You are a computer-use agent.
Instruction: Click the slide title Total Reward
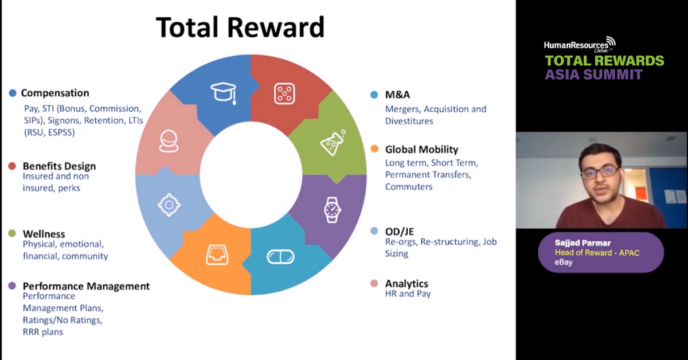coord(240,27)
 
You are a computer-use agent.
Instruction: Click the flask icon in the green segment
coord(333,143)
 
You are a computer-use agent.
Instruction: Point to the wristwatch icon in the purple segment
coord(332,209)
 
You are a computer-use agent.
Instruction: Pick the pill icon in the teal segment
coord(280,257)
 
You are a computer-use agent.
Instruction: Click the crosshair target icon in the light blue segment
coord(169,204)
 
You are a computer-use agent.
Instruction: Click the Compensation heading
coord(55,93)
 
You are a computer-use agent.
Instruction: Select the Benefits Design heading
coord(59,166)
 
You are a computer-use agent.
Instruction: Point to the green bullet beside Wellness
coord(12,234)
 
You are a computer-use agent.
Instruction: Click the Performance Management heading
coord(86,286)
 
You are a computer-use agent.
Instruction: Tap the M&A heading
coord(397,95)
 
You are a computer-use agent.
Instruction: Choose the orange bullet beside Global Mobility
coord(374,150)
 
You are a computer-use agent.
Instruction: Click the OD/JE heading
coord(399,232)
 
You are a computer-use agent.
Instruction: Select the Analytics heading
coord(406,283)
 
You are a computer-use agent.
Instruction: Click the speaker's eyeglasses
coord(600,171)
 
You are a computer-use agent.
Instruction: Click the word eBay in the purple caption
coord(564,263)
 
